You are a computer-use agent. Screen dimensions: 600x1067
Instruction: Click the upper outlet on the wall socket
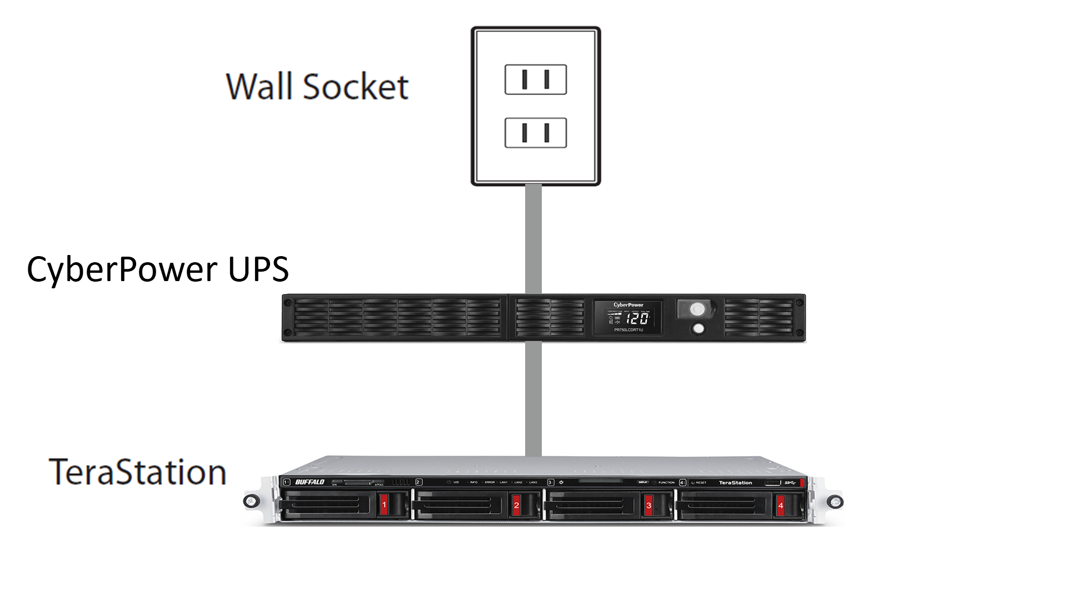[535, 79]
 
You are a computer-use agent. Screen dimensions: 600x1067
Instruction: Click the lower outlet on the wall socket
[535, 133]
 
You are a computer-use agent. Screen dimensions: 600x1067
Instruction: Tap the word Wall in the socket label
[258, 87]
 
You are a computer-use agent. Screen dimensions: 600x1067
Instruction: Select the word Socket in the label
[356, 87]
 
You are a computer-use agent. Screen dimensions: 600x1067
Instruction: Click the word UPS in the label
[258, 269]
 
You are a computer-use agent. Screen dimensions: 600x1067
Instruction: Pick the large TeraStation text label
[138, 472]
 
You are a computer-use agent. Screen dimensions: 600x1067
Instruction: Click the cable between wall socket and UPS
[533, 239]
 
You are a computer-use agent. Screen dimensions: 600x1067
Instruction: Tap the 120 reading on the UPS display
[637, 318]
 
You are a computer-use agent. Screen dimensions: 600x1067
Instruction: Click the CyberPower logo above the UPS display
[628, 305]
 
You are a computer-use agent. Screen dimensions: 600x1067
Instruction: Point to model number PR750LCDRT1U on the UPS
[628, 330]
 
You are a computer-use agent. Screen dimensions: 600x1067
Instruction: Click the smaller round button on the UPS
[699, 328]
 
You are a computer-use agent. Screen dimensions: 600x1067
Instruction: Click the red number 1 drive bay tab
[384, 505]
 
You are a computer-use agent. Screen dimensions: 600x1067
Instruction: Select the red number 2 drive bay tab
[516, 505]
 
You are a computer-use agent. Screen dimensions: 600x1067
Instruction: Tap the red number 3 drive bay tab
[649, 505]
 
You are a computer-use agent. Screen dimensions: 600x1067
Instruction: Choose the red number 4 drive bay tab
[780, 505]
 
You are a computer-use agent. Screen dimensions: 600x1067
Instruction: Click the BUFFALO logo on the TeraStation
[310, 482]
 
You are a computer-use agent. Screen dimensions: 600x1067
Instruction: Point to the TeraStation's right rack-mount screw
[834, 502]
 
